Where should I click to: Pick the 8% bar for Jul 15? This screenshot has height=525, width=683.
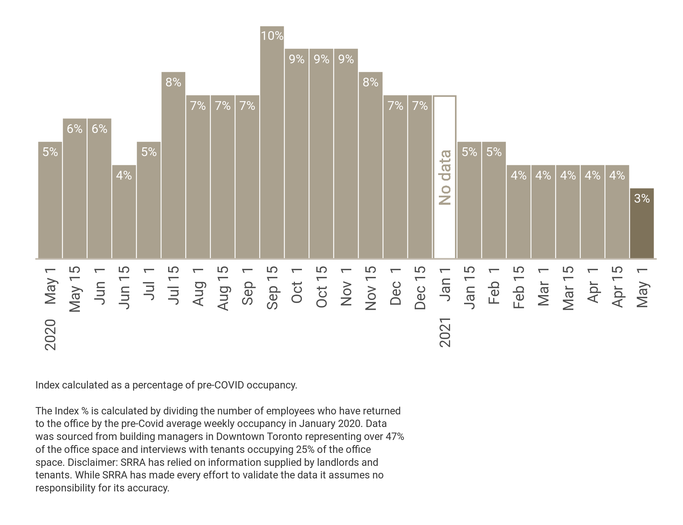(x=173, y=168)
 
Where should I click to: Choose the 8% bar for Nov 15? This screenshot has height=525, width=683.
(x=371, y=168)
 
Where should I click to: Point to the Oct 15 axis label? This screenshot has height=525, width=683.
(x=322, y=287)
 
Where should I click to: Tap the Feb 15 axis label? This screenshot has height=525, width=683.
(x=519, y=287)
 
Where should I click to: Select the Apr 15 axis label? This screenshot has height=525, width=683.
(x=617, y=287)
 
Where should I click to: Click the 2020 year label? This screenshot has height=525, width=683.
(x=50, y=335)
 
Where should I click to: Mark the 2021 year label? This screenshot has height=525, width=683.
(x=445, y=332)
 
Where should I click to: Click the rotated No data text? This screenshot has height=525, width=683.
(x=445, y=177)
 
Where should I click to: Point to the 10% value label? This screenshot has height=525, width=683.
(x=272, y=36)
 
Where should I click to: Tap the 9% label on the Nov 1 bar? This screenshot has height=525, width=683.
(x=346, y=59)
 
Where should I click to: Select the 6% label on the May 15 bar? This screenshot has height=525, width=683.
(x=75, y=129)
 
